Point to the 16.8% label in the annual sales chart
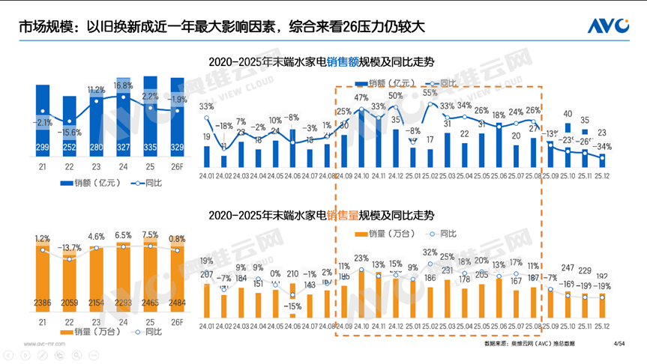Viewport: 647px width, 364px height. pos(122,85)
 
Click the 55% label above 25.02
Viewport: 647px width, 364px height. pos(430,93)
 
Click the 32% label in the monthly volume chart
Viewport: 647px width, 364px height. pos(430,252)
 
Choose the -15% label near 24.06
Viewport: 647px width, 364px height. pos(292,306)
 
